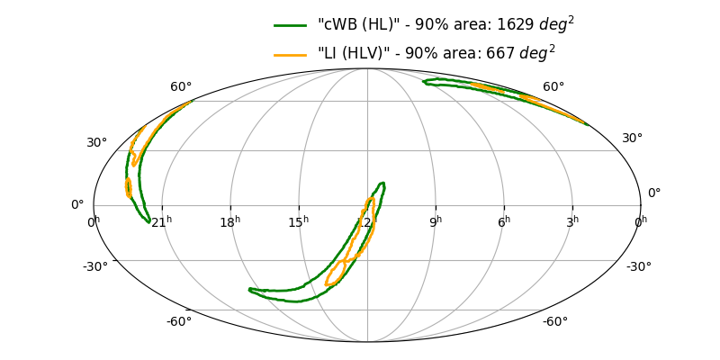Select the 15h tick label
[299, 221]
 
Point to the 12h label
[364, 221]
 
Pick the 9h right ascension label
[436, 221]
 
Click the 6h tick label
[504, 221]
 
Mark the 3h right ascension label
[572, 221]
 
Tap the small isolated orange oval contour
[129, 188]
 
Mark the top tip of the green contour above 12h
[382, 184]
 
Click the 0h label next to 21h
[94, 221]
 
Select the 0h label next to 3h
[640, 221]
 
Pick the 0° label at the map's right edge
[654, 193]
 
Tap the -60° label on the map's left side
[178, 321]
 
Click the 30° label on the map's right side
[632, 138]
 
